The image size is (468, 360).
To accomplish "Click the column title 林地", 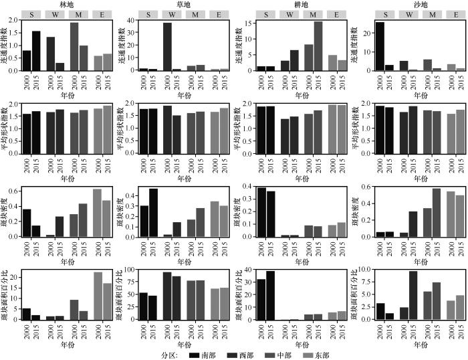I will pos(66,4).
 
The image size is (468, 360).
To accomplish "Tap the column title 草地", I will pos(183,4).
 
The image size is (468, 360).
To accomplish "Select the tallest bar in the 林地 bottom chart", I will pos(98,296).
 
